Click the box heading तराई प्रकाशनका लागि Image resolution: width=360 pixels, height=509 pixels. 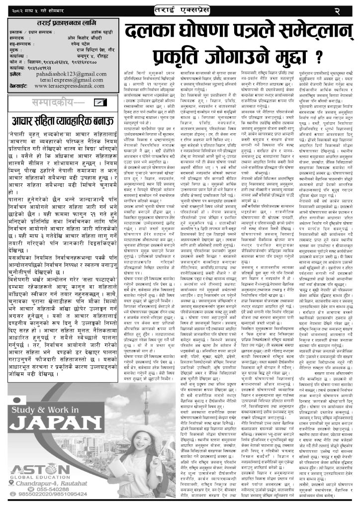tap(62, 23)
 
